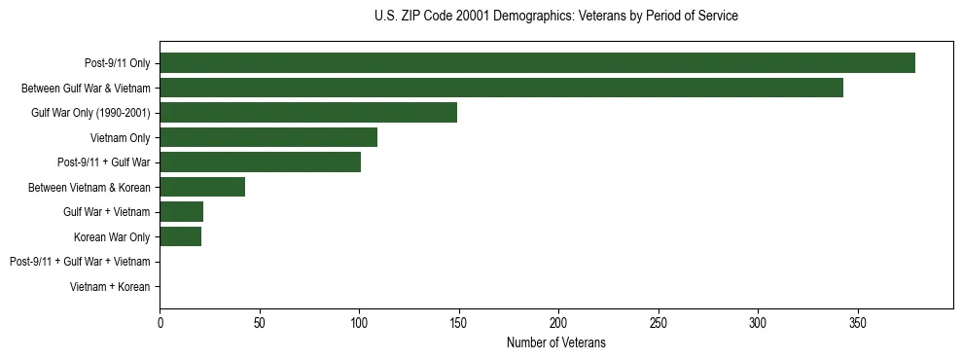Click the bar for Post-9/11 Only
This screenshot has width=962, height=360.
(537, 63)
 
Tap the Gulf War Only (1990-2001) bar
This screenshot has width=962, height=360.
(308, 113)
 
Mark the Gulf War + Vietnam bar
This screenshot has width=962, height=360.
(181, 212)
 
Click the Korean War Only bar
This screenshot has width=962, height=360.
(180, 236)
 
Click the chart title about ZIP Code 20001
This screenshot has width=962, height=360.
(555, 17)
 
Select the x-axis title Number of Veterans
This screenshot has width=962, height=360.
(555, 342)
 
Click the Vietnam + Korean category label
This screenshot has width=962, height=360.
(110, 287)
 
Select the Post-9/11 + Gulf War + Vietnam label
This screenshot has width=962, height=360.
(80, 262)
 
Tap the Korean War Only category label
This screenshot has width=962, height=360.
(112, 236)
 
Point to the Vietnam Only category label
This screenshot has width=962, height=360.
(121, 138)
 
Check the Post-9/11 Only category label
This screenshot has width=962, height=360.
(118, 63)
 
